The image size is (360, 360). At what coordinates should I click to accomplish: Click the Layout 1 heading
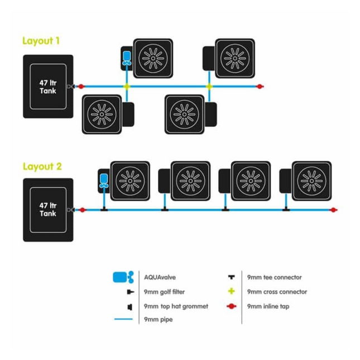(x=41, y=41)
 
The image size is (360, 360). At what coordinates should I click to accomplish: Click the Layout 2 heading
(x=42, y=166)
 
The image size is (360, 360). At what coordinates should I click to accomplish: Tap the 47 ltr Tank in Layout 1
(x=48, y=87)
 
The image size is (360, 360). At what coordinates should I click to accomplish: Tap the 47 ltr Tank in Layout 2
(x=48, y=210)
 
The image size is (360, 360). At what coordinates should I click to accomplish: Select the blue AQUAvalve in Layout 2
(x=103, y=180)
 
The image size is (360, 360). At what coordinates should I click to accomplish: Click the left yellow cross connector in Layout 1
(x=127, y=87)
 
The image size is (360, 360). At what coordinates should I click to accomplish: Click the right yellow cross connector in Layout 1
(x=209, y=87)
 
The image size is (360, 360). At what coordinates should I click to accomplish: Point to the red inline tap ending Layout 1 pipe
(x=259, y=87)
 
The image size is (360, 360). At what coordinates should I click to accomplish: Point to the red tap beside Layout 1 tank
(x=81, y=87)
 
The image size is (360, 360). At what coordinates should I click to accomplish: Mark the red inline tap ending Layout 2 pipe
(x=333, y=210)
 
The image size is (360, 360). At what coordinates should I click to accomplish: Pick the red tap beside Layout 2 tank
(x=82, y=210)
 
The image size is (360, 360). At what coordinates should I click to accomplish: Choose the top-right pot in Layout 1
(x=234, y=58)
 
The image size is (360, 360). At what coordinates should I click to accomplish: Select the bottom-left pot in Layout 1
(x=102, y=114)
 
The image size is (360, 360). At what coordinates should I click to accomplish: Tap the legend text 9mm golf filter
(x=164, y=292)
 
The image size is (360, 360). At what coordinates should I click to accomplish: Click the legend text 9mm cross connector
(x=277, y=292)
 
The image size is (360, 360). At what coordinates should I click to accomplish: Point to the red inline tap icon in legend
(x=231, y=306)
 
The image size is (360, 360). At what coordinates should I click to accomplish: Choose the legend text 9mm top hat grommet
(x=176, y=306)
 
